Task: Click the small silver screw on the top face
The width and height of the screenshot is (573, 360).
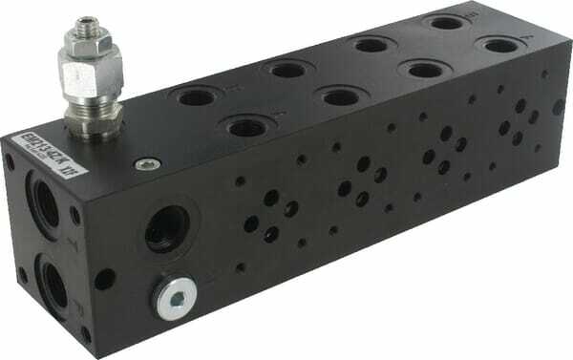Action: coord(143,164)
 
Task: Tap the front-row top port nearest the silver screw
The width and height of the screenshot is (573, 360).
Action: coord(244,126)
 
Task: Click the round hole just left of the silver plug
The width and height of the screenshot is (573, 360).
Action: coord(104,280)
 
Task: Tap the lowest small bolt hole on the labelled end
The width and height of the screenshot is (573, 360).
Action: coord(85,334)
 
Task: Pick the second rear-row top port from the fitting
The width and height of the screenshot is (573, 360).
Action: coord(285,69)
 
